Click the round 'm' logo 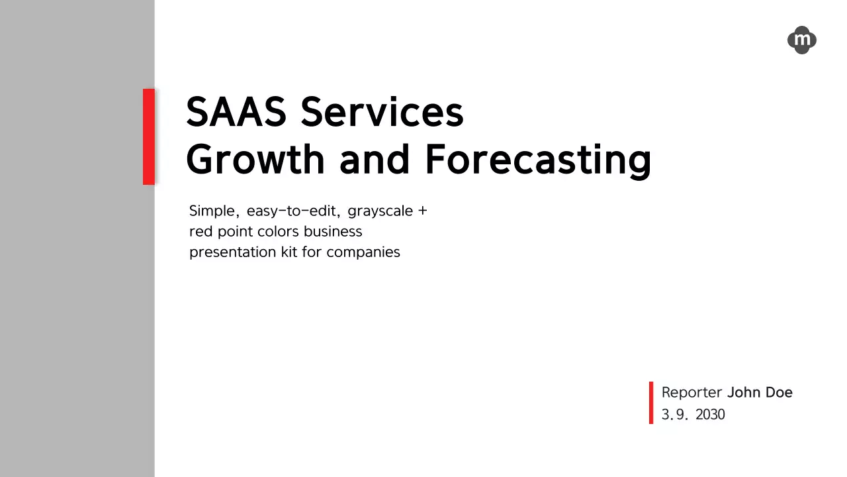pos(801,40)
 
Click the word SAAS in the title pos(236,112)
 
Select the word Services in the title pos(382,112)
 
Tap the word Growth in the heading pos(255,159)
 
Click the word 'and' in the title pos(375,159)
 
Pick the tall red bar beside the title pos(149,136)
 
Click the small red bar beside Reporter pos(651,403)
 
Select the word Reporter pos(692,393)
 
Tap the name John pos(744,393)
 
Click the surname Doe pos(779,393)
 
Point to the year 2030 pos(711,415)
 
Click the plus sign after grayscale pos(422,211)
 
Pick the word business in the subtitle pos(333,231)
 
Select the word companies pos(363,252)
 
